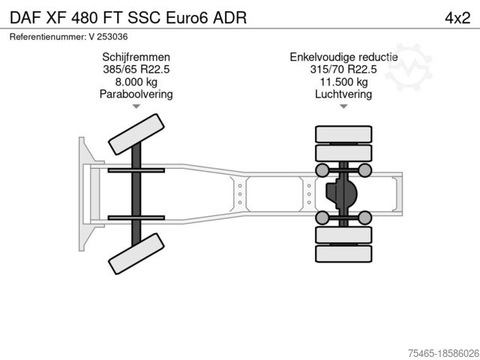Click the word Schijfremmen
coord(136,57)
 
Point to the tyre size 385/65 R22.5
coord(136,69)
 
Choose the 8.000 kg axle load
coord(136,82)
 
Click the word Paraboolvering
coord(136,94)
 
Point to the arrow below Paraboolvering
coord(136,107)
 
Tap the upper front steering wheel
coord(136,135)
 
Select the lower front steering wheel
coord(136,253)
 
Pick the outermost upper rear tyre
coord(343,135)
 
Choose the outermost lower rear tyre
coord(343,255)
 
